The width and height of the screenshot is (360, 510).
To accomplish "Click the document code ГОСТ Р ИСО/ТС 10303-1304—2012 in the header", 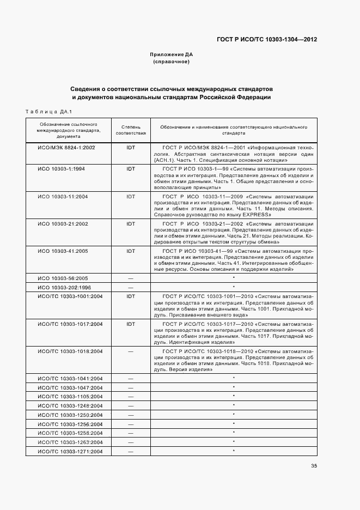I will [x=266, y=40].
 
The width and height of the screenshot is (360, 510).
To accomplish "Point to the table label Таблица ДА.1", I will [x=49, y=112].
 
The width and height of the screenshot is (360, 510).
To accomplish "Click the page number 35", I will [x=314, y=465].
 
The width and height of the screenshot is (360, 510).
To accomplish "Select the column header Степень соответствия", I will [x=131, y=130].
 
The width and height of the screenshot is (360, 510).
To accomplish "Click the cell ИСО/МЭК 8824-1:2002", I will [x=66, y=148].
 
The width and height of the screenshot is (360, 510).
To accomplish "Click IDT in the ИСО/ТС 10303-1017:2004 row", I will [x=131, y=324].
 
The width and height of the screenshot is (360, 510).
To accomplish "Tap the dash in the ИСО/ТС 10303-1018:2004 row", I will [x=131, y=351].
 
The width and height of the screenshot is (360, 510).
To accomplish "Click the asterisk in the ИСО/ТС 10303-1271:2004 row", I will [x=234, y=451].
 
